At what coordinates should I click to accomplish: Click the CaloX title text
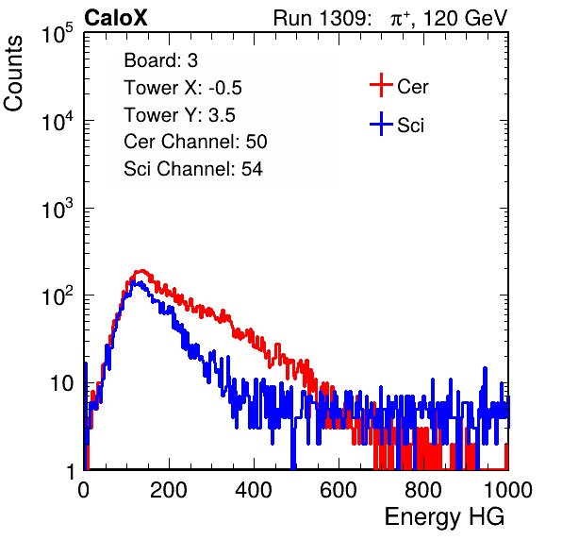click(115, 18)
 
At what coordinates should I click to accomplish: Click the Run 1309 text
click(322, 18)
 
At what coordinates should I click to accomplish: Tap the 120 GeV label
click(465, 18)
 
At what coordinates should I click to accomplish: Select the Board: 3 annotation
click(160, 60)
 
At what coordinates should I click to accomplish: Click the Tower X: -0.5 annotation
click(183, 88)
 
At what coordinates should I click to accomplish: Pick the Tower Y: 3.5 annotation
click(179, 115)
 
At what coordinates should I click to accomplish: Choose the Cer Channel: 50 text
click(195, 142)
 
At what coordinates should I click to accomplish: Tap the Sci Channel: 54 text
click(193, 169)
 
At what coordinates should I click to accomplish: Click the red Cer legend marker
click(381, 85)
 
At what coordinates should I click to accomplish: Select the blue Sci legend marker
click(381, 125)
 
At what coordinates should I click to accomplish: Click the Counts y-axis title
click(13, 74)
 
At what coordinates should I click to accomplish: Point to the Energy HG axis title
click(444, 517)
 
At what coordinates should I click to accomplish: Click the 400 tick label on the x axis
click(254, 490)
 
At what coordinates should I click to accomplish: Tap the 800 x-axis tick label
click(423, 490)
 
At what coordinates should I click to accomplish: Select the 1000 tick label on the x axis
click(508, 490)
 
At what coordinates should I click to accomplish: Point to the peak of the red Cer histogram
click(142, 271)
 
